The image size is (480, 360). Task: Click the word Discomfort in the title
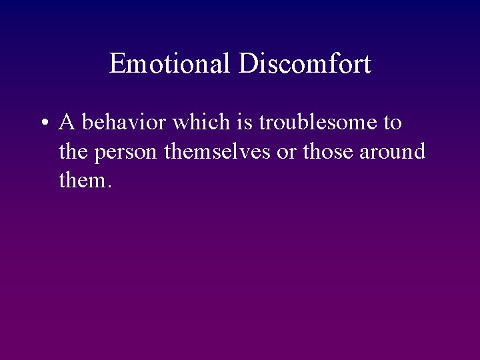(x=305, y=64)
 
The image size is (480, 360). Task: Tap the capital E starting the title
(x=117, y=64)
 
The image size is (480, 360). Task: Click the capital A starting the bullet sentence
(x=67, y=123)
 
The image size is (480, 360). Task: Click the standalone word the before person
(x=74, y=151)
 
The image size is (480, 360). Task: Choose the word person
(x=126, y=153)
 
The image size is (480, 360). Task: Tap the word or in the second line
(x=287, y=153)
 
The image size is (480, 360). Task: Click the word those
(x=328, y=151)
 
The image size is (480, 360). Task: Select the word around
(x=393, y=151)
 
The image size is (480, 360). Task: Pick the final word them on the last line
(x=81, y=180)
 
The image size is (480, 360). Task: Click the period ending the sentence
(x=108, y=186)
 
